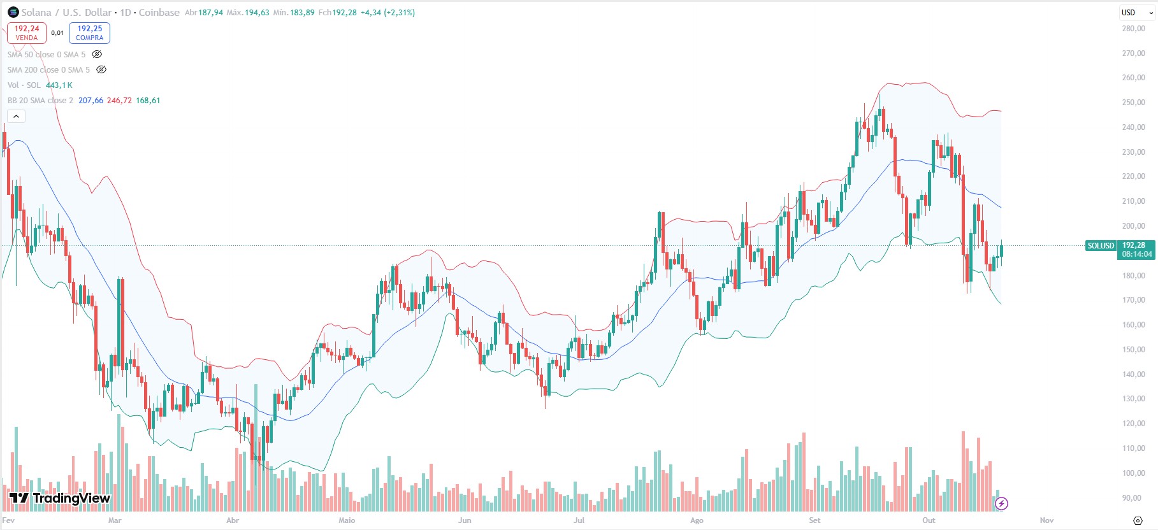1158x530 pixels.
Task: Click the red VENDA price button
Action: pos(27,32)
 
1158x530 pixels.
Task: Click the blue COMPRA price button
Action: pos(89,32)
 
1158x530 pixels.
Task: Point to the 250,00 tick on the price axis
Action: pos(1133,103)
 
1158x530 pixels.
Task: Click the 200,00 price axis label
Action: pos(1133,226)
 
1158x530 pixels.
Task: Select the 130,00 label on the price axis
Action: pos(1133,399)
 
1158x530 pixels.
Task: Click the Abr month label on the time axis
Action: pos(233,520)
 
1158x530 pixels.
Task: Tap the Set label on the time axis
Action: pos(814,520)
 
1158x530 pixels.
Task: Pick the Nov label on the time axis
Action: pos(1046,520)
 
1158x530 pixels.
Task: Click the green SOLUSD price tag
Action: pos(1101,246)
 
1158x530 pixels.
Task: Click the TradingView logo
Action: pos(60,498)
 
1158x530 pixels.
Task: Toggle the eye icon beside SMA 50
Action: pos(97,55)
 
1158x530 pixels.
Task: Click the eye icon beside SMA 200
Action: pos(101,70)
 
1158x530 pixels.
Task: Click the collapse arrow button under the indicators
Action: pos(16,116)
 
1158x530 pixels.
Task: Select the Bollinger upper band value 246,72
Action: pos(119,101)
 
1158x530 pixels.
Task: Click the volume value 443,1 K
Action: pos(59,85)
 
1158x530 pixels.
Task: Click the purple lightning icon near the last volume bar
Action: pos(1001,504)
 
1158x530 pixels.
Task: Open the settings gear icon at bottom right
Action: pos(1138,520)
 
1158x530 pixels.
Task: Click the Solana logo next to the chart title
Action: pos(13,12)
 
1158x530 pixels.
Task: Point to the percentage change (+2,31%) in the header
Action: pos(399,12)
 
